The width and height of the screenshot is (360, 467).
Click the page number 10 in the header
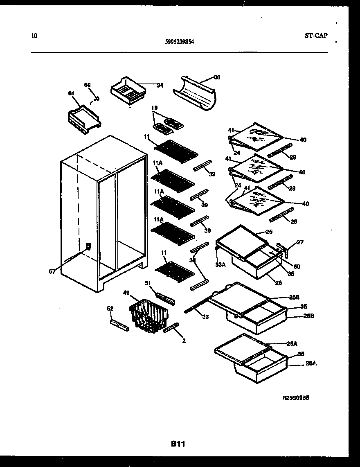pyautogui.click(x=34, y=36)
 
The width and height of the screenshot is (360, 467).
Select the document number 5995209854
pyautogui.click(x=180, y=41)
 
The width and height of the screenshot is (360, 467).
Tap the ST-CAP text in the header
pyautogui.click(x=316, y=36)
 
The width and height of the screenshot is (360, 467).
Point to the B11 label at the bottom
pyautogui.click(x=179, y=443)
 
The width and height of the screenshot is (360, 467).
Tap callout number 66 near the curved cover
pyautogui.click(x=217, y=77)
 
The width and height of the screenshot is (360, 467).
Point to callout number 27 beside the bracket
pyautogui.click(x=300, y=242)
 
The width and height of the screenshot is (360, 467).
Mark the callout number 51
pyautogui.click(x=148, y=283)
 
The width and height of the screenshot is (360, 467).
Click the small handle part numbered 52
pyautogui.click(x=119, y=325)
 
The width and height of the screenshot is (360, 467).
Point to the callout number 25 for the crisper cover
pyautogui.click(x=269, y=232)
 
